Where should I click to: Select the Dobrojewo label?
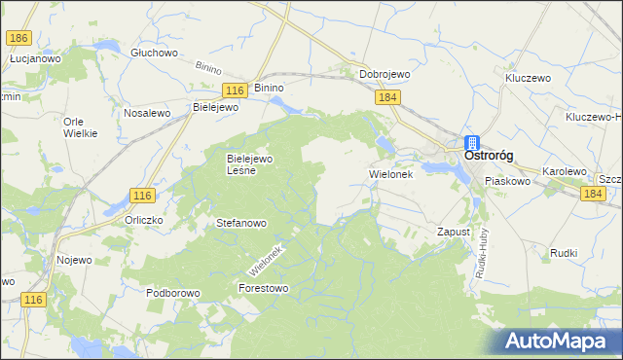(385, 74)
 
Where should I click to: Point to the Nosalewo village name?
(147, 113)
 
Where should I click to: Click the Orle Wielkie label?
(80, 126)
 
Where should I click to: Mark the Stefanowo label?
(241, 223)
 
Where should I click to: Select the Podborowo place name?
(172, 292)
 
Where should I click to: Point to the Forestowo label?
(264, 288)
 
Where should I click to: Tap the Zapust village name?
(454, 233)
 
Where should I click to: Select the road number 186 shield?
(18, 38)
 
